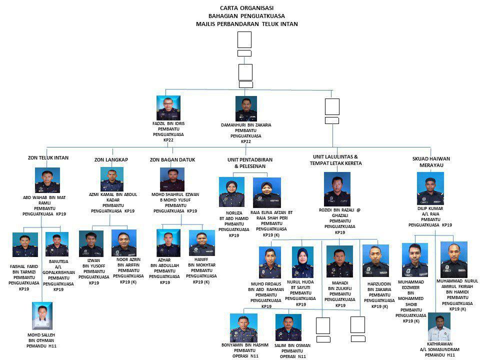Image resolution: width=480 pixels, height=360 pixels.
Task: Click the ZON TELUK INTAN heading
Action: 48,158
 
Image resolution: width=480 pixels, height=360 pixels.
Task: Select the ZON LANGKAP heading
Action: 111,160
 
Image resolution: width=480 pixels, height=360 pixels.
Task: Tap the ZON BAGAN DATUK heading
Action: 172,160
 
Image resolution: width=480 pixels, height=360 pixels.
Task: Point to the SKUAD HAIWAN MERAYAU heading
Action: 431,161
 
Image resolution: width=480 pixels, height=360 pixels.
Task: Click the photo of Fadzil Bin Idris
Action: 168,108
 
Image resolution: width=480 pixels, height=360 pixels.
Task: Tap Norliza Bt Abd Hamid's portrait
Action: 231,192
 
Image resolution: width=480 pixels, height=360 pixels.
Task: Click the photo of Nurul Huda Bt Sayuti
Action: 302,262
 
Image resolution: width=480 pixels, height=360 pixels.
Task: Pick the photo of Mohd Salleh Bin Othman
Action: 42,315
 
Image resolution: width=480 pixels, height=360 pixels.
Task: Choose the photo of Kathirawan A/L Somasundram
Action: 439,327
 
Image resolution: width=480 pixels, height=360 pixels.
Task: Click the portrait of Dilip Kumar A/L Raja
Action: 430,188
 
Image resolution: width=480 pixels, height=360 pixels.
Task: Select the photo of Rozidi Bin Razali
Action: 337,189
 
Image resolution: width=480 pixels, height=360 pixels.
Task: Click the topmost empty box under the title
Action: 244,39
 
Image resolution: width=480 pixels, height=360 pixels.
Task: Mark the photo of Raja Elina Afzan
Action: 266,192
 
